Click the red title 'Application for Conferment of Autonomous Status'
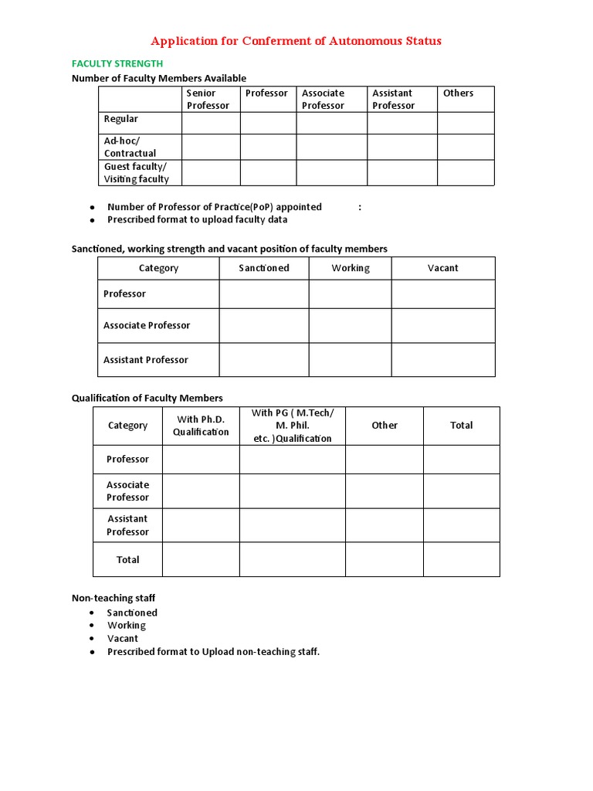pyautogui.click(x=296, y=41)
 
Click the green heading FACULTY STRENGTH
pyautogui.click(x=117, y=64)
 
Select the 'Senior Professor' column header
pyautogui.click(x=208, y=100)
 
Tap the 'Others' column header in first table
pyautogui.click(x=458, y=93)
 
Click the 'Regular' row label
pyautogui.click(x=121, y=119)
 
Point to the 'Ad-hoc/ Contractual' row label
pyautogui.click(x=130, y=147)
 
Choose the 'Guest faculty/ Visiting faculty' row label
pyautogui.click(x=136, y=173)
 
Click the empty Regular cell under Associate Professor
pyautogui.click(x=331, y=123)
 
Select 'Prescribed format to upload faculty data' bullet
pyautogui.click(x=197, y=219)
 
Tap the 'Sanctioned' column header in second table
pyautogui.click(x=263, y=268)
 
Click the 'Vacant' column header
pyautogui.click(x=442, y=268)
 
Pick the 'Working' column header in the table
pyautogui.click(x=351, y=268)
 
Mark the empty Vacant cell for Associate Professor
pyautogui.click(x=442, y=325)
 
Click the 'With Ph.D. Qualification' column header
pyautogui.click(x=201, y=426)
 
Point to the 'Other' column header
pyautogui.click(x=384, y=426)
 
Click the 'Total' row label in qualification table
pyautogui.click(x=127, y=559)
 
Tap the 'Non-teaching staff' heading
pyautogui.click(x=114, y=598)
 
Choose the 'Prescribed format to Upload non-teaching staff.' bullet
pyautogui.click(x=213, y=652)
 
